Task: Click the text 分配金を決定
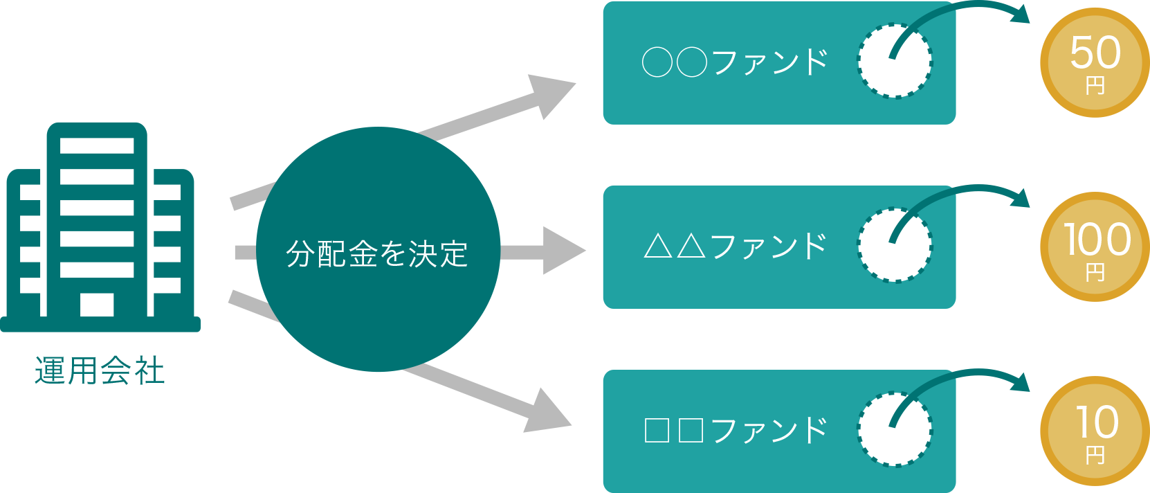[x=377, y=254]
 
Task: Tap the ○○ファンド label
[x=735, y=62]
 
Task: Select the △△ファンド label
[x=735, y=247]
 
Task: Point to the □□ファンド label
[x=735, y=431]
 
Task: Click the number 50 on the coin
[x=1095, y=53]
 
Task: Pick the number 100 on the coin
[x=1097, y=240]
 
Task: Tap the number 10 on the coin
[x=1097, y=422]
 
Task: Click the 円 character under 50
[x=1095, y=87]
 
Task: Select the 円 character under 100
[x=1095, y=273]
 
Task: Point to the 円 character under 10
[x=1095, y=456]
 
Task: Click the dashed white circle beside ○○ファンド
[x=895, y=62]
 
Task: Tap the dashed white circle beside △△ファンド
[x=895, y=246]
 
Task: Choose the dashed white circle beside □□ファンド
[x=895, y=430]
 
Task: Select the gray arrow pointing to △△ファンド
[x=554, y=251]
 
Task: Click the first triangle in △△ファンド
[x=657, y=247]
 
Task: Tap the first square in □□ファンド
[x=657, y=431]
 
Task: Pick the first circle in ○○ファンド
[x=657, y=62]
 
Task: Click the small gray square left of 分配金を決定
[x=245, y=252]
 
